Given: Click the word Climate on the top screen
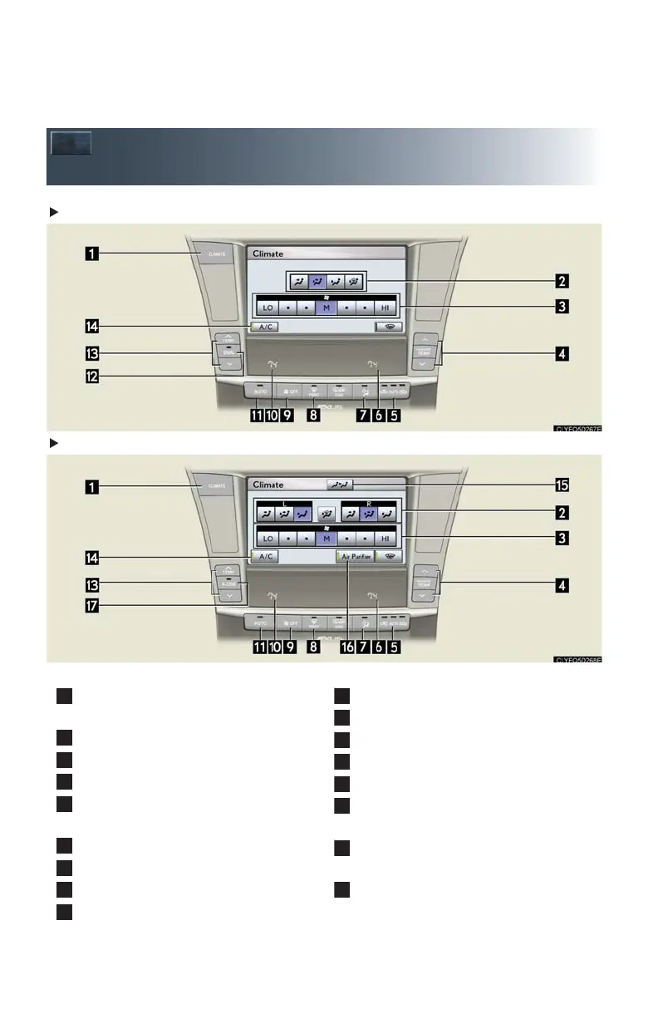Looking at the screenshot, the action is coord(268,253).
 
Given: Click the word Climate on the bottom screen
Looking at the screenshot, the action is coord(268,485).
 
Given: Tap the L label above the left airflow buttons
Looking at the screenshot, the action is coord(285,504).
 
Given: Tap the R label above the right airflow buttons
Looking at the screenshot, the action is coord(368,504).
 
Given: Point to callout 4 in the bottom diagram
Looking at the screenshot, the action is coord(563,585).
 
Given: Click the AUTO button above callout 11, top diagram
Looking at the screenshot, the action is coord(260,389).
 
